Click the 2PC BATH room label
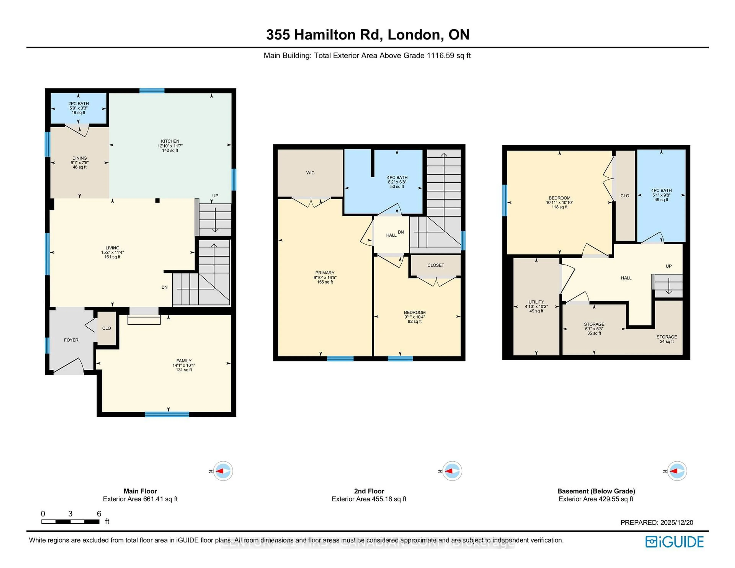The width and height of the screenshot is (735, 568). [x=78, y=104]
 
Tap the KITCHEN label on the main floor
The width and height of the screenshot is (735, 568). [x=170, y=141]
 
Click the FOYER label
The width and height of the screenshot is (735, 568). [x=71, y=340]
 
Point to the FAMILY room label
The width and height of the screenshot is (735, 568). [x=184, y=361]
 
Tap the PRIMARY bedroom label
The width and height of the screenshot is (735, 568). [x=325, y=273]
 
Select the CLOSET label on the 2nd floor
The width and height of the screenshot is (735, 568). [x=435, y=265]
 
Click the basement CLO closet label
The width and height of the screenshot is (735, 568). [x=625, y=196]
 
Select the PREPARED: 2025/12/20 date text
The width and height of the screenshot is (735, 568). [x=657, y=523]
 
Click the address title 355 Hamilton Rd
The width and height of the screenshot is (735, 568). [x=367, y=35]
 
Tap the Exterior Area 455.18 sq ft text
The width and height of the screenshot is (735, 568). [x=369, y=499]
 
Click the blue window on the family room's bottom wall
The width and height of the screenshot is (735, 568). [x=167, y=415]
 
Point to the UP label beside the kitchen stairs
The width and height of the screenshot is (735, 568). [x=215, y=196]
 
